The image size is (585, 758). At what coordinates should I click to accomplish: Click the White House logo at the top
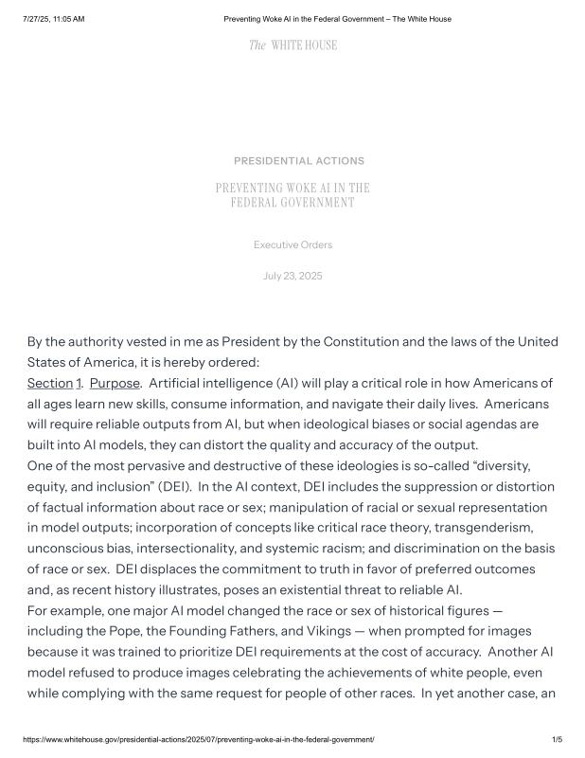click(292, 45)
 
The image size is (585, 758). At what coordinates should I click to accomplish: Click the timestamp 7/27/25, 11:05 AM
click(53, 19)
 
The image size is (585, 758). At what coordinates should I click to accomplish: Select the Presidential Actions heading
click(298, 161)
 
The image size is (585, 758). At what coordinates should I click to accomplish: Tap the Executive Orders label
click(292, 245)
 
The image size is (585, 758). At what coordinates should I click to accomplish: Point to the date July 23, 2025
click(292, 276)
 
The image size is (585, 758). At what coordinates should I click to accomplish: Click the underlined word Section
click(49, 383)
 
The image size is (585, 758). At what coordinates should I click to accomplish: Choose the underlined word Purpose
click(115, 383)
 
